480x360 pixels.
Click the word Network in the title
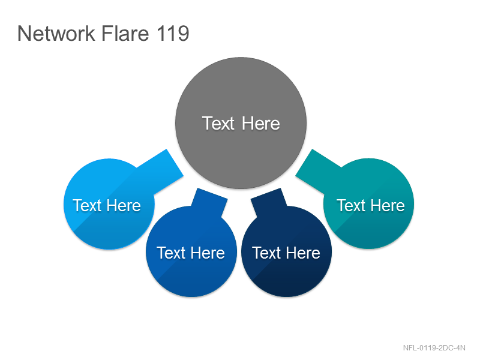click(56, 33)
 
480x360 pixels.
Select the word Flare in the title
click(125, 33)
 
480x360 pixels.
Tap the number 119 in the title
click(173, 33)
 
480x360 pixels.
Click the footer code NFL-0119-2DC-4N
click(434, 348)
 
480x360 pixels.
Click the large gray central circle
click(241, 123)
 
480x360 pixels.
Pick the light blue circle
click(109, 204)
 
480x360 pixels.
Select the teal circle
click(368, 203)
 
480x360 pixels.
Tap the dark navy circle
click(286, 251)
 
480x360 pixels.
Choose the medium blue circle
click(191, 251)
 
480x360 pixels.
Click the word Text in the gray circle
click(218, 124)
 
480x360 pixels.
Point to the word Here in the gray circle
click(261, 124)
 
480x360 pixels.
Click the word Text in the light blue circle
click(87, 205)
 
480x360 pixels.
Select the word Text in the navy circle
click(266, 253)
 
